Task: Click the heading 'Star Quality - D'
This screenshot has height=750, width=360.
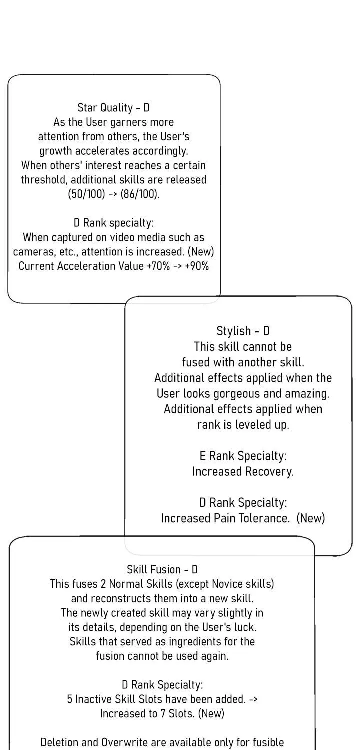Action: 114,108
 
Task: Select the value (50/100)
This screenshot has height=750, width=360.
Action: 86,194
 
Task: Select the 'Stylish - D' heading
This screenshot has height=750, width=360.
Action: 243,331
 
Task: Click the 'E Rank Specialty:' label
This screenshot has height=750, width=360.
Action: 243,456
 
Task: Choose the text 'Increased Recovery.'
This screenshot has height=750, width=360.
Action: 243,471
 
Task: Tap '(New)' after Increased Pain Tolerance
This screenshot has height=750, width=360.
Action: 311,518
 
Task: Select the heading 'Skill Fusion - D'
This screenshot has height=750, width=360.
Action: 162,569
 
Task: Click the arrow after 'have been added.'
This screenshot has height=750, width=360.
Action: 253,699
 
